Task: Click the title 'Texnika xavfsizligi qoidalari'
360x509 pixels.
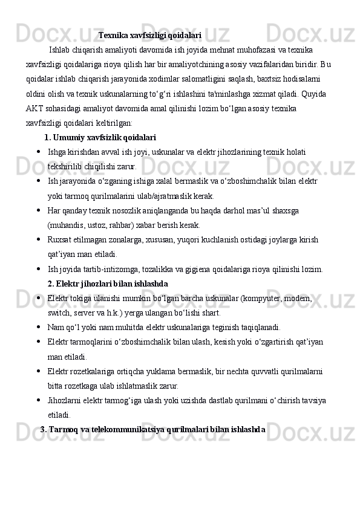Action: tap(149, 36)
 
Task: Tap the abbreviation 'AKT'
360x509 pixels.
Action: tap(34, 108)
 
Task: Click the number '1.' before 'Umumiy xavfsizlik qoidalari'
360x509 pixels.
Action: tap(48, 137)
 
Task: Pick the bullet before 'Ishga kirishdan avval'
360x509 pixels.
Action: tap(38, 152)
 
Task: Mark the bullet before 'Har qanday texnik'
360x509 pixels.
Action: tap(38, 211)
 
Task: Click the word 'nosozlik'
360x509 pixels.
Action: tap(126, 211)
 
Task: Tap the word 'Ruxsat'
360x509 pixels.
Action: tap(59, 240)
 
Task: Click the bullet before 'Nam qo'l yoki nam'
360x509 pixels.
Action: tap(38, 328)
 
